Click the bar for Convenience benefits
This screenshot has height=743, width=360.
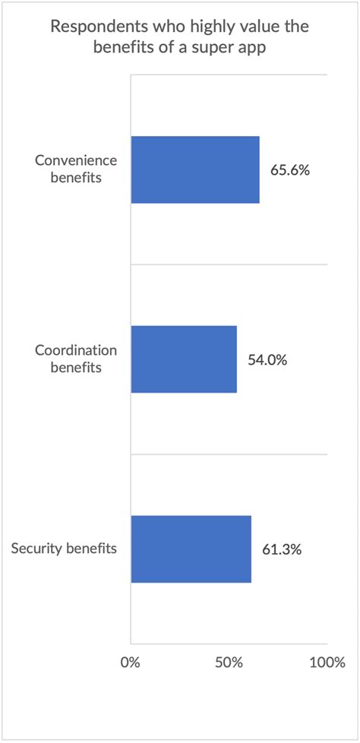tap(195, 170)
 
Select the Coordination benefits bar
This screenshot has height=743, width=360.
tap(184, 359)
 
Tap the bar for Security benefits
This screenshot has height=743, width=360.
tap(191, 549)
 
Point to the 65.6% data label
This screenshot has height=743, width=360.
tap(289, 170)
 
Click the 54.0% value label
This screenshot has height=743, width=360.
tap(267, 360)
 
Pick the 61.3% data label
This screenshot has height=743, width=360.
tap(282, 549)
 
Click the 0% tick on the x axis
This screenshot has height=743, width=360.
tap(131, 662)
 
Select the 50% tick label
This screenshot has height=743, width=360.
tap(229, 662)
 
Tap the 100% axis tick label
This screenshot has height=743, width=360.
tap(327, 662)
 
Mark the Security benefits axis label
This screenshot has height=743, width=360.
tap(65, 549)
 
